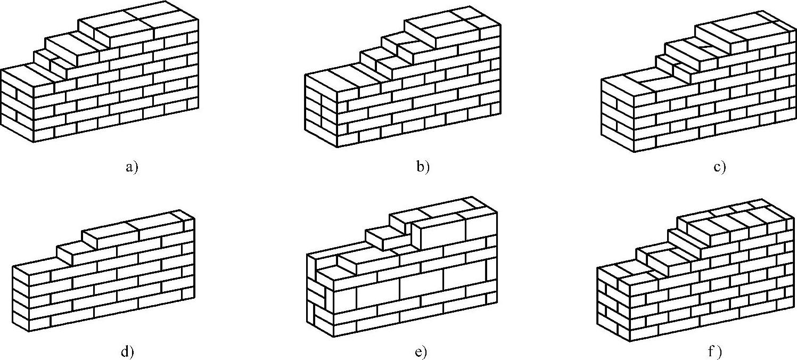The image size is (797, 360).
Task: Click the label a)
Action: (x=131, y=167)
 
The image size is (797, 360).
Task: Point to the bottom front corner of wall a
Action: (x=35, y=142)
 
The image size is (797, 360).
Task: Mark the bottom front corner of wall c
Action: (x=634, y=152)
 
